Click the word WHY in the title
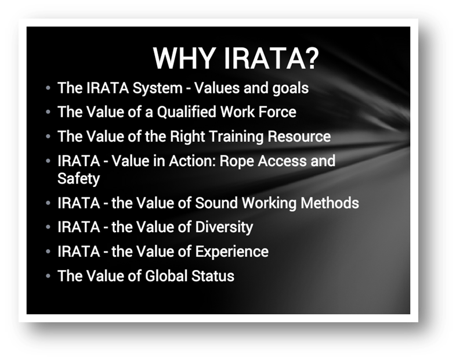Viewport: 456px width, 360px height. pos(184,58)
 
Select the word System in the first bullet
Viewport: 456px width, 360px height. pos(157,88)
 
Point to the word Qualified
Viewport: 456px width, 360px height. pos(186,112)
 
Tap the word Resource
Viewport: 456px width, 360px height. pos(299,136)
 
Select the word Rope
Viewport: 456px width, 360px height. pos(237,161)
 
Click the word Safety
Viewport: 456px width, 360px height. pos(78,179)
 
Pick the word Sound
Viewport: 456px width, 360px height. pos(216,203)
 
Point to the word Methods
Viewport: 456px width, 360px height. pos(330,203)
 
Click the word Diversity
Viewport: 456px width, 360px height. pos(224,228)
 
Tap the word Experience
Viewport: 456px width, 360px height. pos(232,252)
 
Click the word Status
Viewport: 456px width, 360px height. pos(212,276)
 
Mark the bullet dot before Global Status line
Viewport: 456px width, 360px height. pos(48,276)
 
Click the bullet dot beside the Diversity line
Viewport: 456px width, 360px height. pos(48,226)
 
